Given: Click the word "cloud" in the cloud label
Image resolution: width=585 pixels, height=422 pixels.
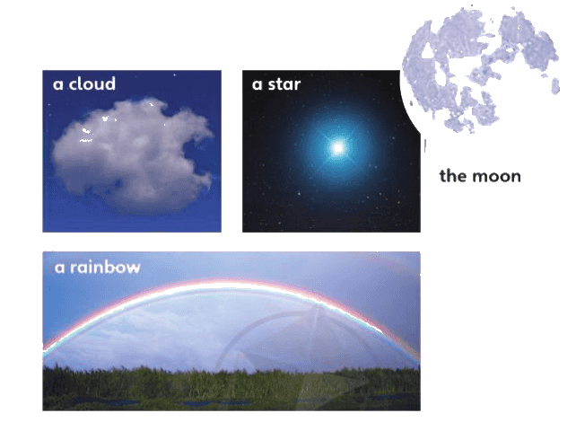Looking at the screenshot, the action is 92,84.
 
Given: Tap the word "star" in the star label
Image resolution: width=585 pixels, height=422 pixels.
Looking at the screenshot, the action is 284,84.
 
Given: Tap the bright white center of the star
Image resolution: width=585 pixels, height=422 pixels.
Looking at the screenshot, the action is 338,148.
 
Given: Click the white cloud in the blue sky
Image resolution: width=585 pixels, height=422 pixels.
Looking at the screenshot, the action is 133,155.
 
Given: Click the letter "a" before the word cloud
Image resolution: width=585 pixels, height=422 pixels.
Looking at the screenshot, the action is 57,84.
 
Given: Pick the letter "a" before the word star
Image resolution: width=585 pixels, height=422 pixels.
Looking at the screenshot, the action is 257,84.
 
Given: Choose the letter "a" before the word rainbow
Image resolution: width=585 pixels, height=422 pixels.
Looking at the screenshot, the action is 60,268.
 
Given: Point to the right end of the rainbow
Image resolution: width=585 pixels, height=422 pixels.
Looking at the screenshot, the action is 419,358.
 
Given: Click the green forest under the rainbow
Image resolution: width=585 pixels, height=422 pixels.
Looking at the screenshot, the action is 231,389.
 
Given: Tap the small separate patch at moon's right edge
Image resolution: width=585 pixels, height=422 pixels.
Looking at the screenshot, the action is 555,86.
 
